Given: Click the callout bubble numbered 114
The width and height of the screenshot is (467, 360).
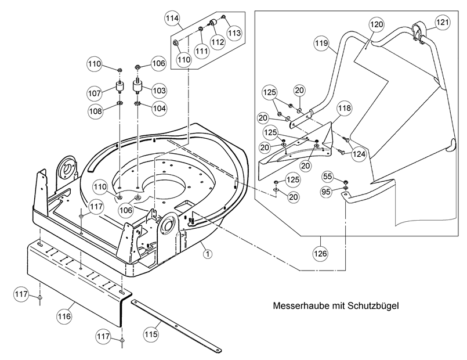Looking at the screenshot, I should [171, 19].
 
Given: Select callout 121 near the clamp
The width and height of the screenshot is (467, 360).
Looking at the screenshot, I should [443, 22].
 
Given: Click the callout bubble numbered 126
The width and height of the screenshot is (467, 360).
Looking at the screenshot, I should [321, 254].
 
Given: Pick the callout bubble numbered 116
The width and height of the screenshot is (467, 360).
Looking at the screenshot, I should [64, 316].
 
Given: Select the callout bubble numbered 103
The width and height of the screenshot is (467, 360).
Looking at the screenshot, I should [159, 91].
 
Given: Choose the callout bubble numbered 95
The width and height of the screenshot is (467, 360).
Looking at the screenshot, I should [327, 191].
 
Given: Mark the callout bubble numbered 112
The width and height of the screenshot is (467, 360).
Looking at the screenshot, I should [218, 42].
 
